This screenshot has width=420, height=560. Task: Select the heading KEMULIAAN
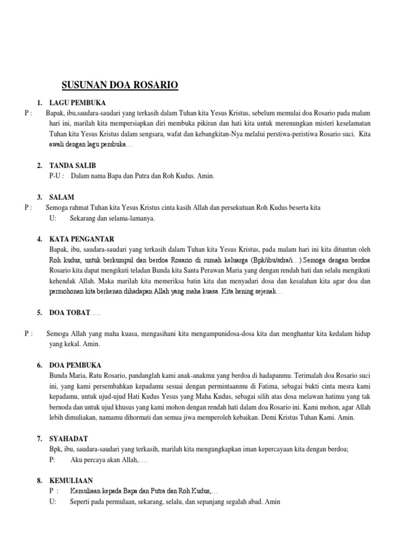pyautogui.click(x=72, y=480)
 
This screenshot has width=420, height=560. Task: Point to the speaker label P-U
pyautogui.click(x=56, y=176)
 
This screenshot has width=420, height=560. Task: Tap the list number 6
pyautogui.click(x=39, y=365)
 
